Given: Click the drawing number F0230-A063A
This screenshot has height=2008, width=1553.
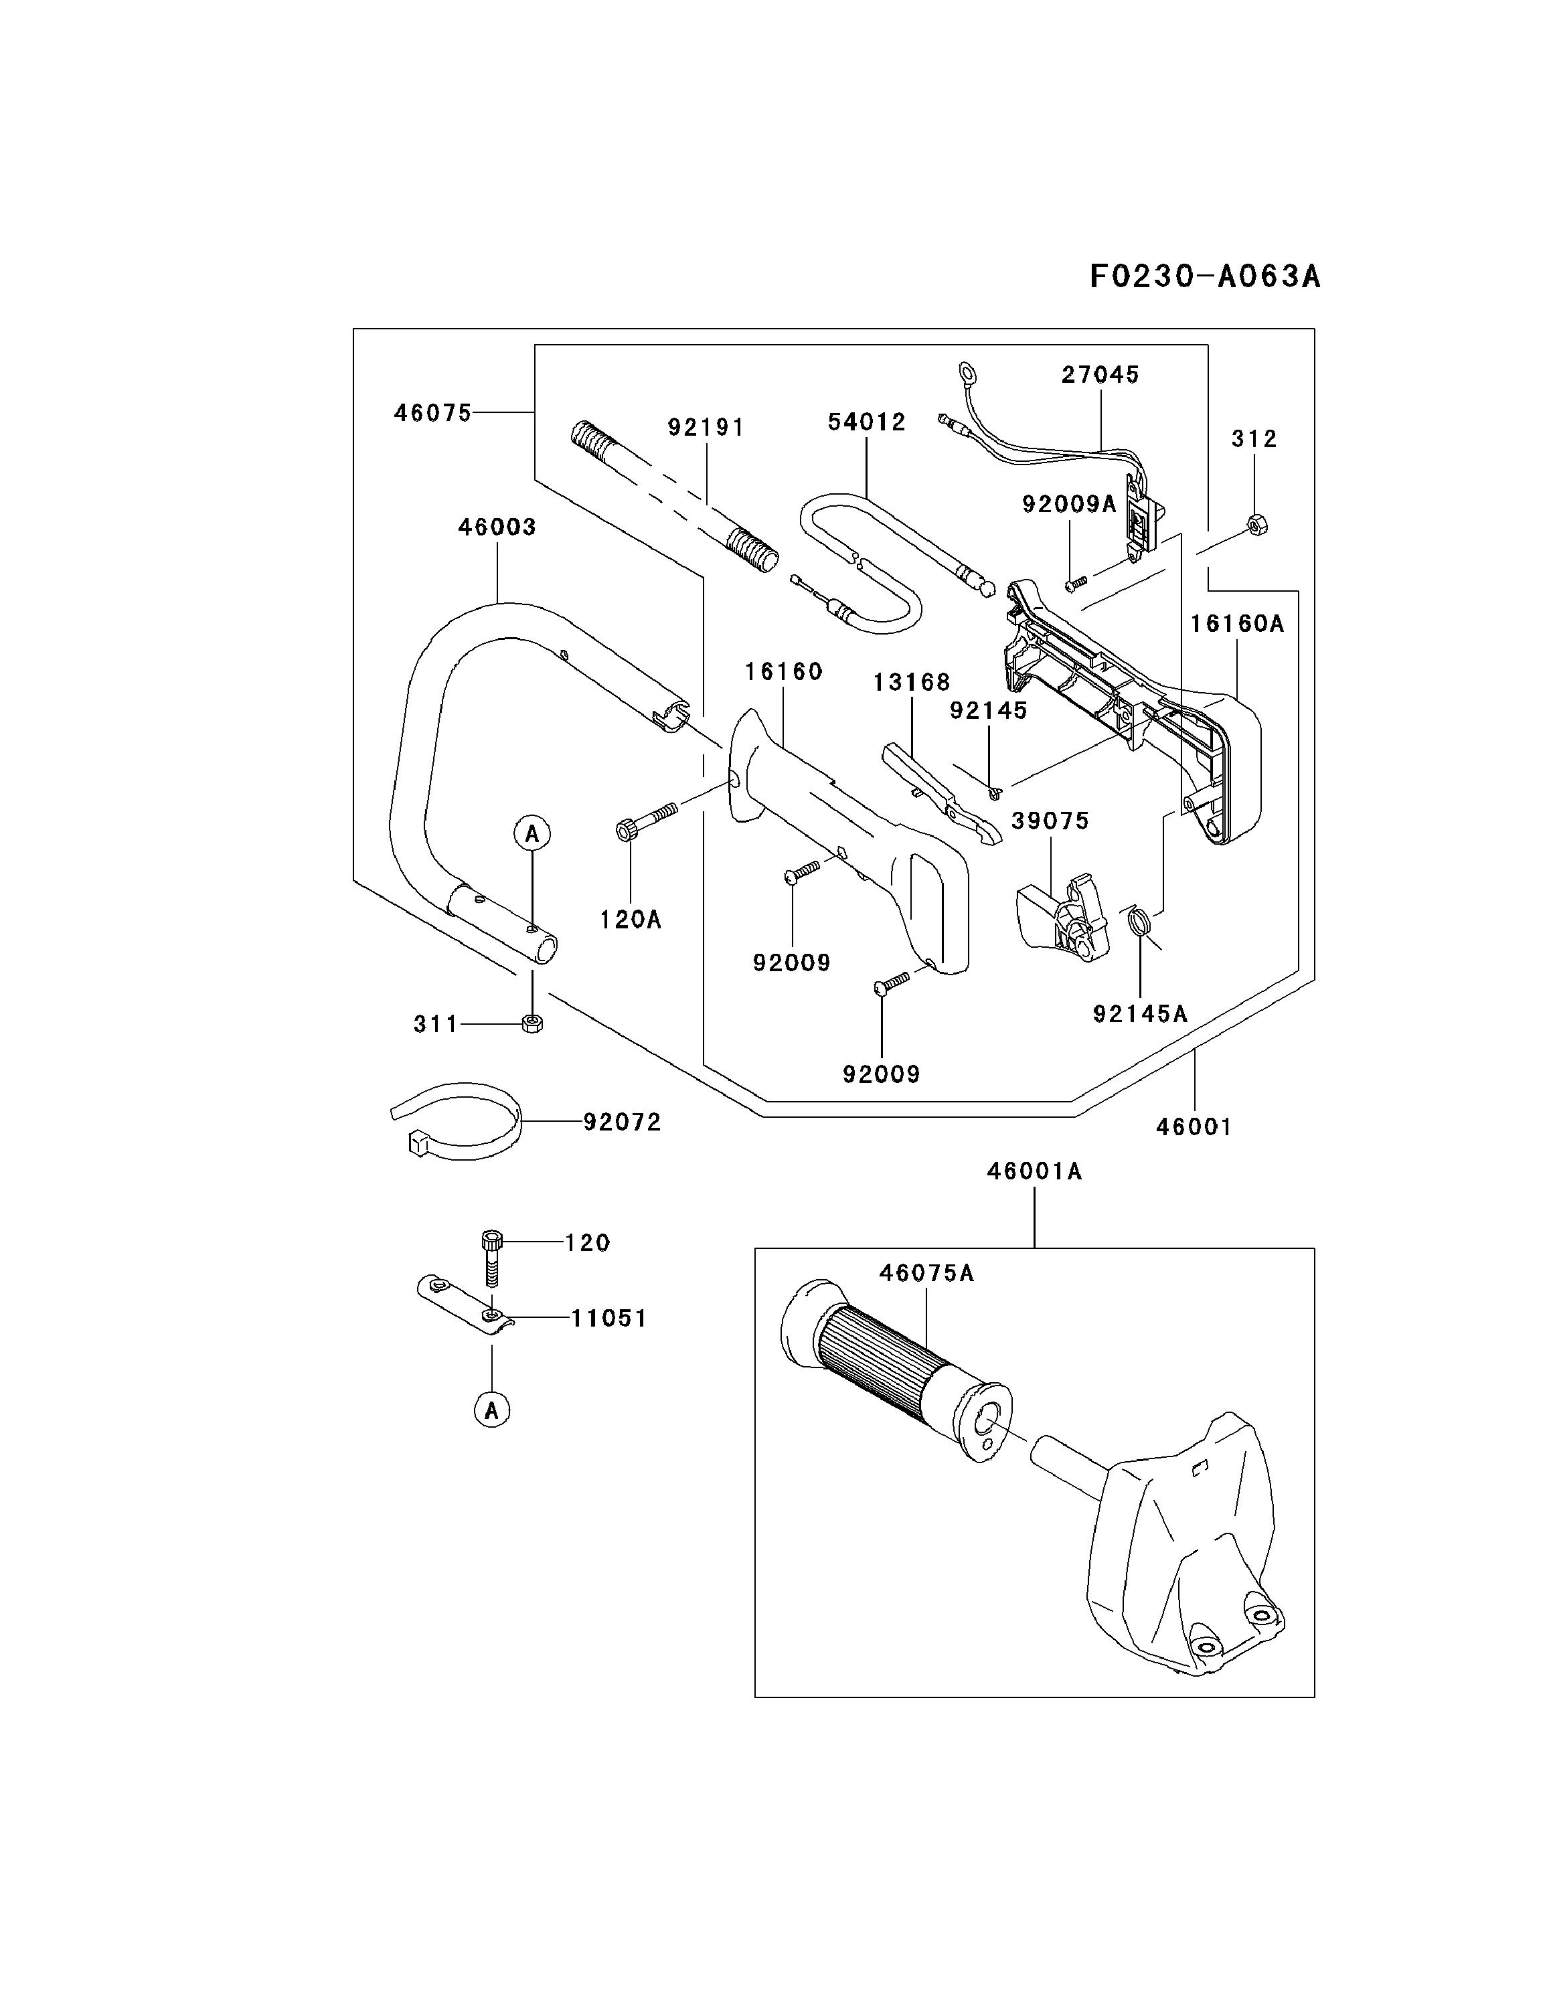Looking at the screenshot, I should coord(1204,276).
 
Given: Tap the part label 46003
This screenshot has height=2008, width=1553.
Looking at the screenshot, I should coord(497,527).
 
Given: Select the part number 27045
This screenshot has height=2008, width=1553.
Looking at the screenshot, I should coord(1100,374).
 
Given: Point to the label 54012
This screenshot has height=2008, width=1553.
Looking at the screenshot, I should coord(866,422).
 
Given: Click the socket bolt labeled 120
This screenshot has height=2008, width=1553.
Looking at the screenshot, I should coord(493,1255).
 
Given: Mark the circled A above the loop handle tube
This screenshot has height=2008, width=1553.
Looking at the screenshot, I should coord(532,834).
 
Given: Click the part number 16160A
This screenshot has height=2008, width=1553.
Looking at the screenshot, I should coord(1236,623).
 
